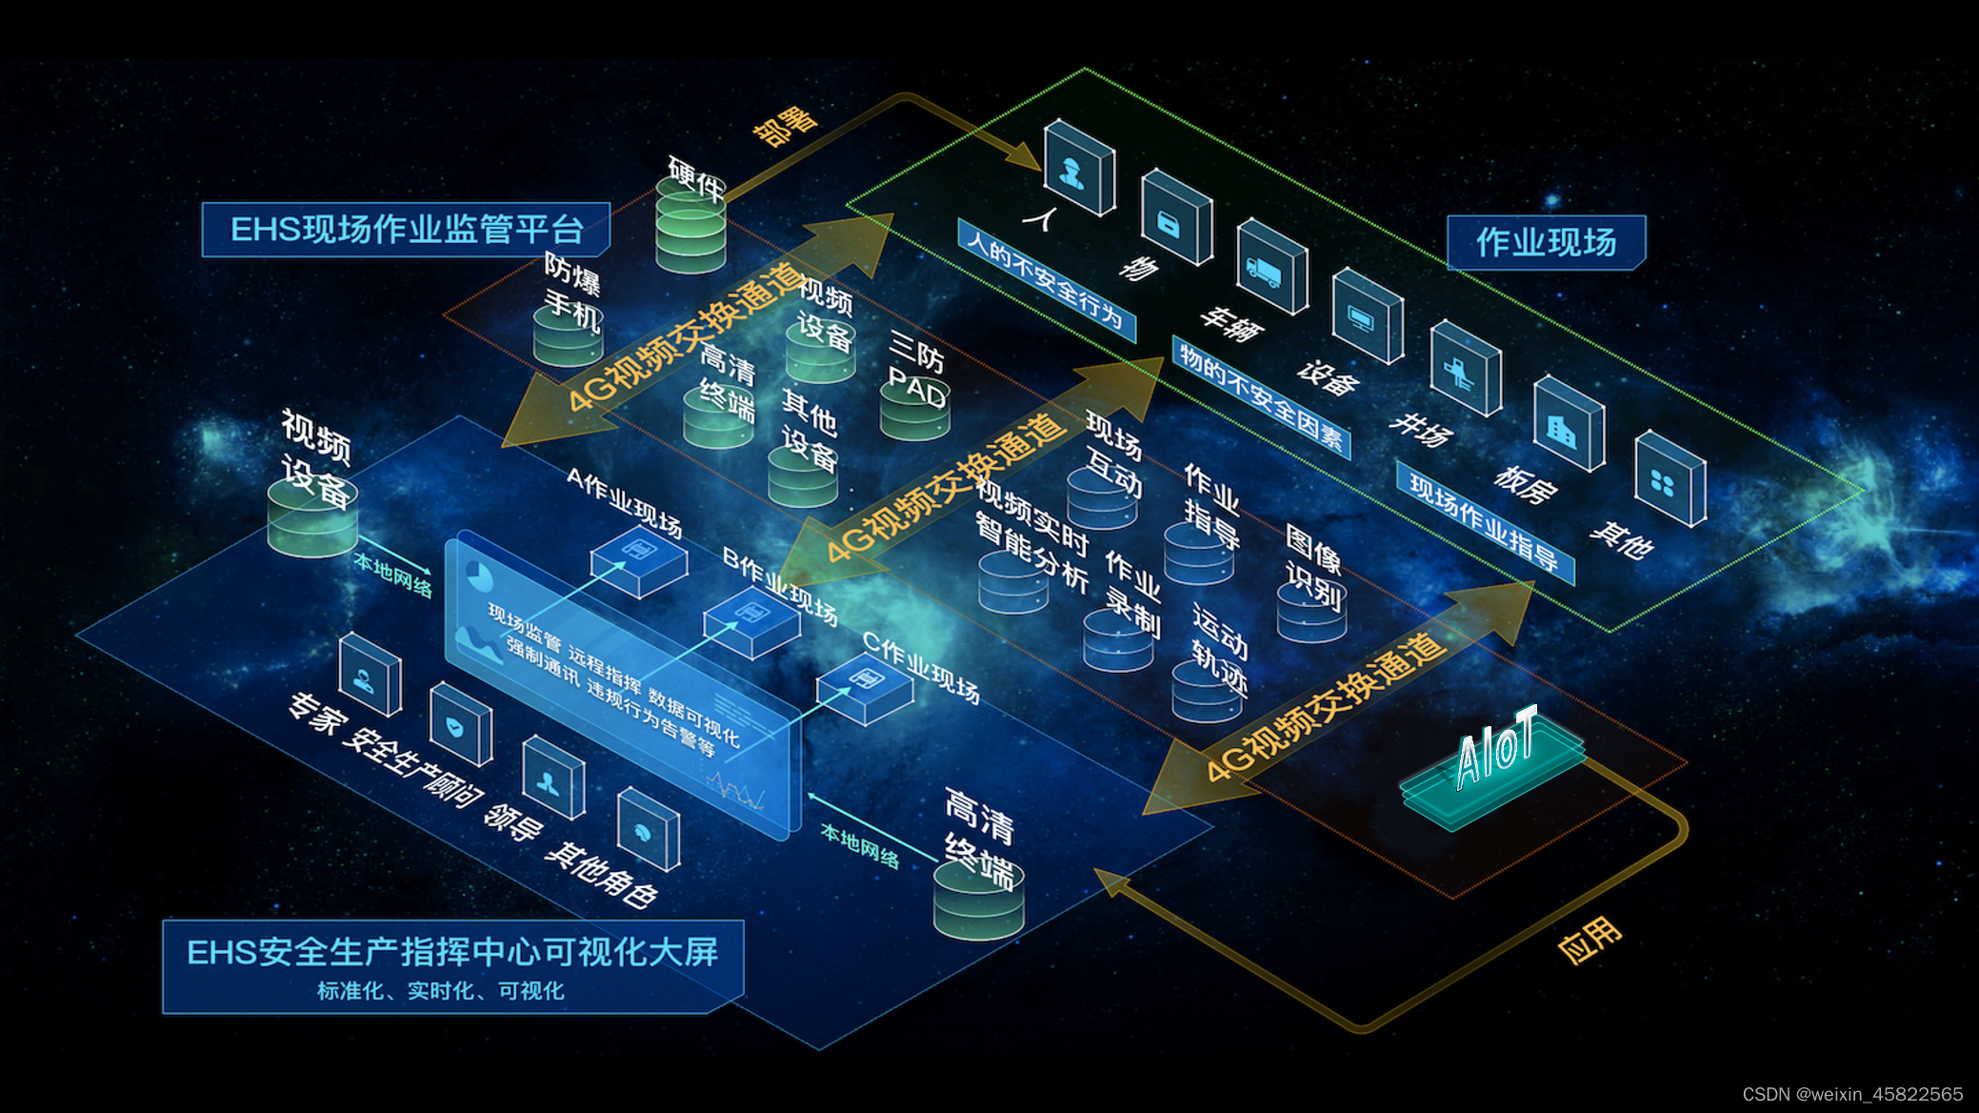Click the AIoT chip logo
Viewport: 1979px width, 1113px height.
tap(1493, 762)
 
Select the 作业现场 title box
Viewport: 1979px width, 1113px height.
tap(1546, 242)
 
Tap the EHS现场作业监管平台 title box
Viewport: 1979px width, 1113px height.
tap(407, 230)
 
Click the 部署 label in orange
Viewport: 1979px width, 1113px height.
tap(785, 127)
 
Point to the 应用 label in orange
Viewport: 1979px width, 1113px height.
tap(1589, 940)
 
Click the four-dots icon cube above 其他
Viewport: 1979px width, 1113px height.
tap(1669, 480)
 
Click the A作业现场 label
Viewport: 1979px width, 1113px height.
tap(624, 501)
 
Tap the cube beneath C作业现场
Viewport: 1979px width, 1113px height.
tap(864, 692)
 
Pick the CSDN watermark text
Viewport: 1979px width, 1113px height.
tap(1852, 1094)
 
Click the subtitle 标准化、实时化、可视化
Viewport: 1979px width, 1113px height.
tap(440, 991)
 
